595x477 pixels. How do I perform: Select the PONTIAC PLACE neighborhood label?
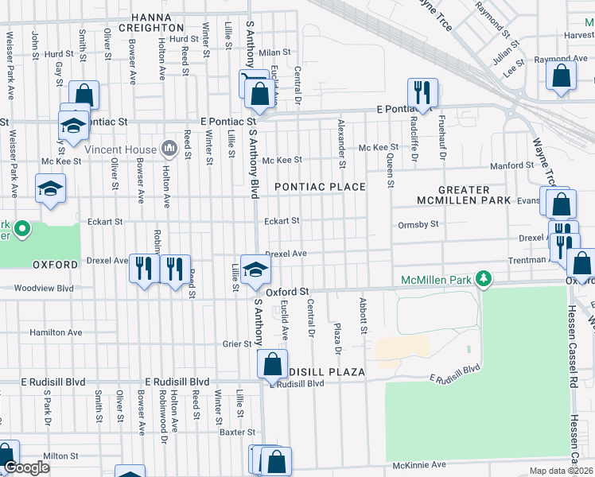click(x=320, y=187)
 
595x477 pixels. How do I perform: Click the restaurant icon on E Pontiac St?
click(x=422, y=92)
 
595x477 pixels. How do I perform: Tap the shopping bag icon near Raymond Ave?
click(x=561, y=76)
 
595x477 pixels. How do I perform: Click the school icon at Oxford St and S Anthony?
click(x=255, y=269)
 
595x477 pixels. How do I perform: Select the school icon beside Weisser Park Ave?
click(x=50, y=188)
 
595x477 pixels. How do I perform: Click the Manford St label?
click(x=511, y=165)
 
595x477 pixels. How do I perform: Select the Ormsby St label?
click(x=418, y=225)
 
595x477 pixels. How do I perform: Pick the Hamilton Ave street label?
click(x=56, y=332)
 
